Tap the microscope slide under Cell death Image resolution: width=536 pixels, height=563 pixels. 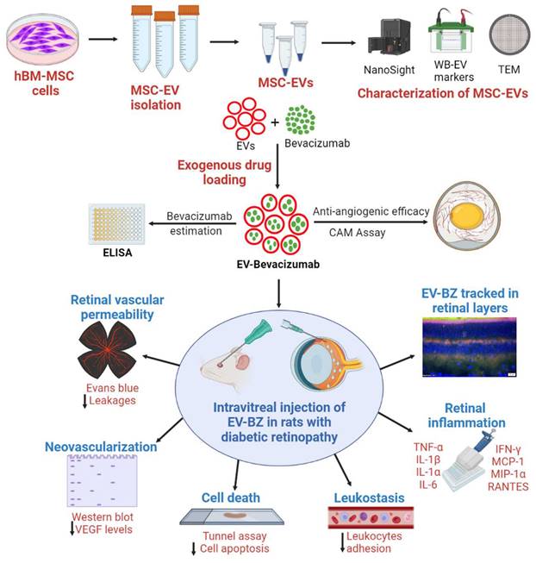point(232,516)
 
